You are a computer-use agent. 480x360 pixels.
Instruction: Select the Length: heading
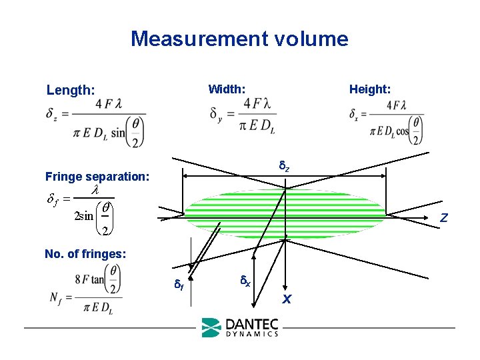[x=71, y=89]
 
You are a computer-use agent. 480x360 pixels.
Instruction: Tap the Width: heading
[x=227, y=89]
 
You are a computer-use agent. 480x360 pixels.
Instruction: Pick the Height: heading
[x=370, y=89]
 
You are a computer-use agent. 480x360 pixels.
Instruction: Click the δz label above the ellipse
[x=283, y=165]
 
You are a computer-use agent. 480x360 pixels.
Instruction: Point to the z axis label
[x=443, y=218]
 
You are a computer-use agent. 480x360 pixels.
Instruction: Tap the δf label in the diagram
[x=179, y=285]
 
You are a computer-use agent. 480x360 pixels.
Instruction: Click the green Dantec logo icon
[x=211, y=327]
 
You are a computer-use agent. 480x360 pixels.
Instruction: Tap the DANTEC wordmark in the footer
[x=252, y=325]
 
